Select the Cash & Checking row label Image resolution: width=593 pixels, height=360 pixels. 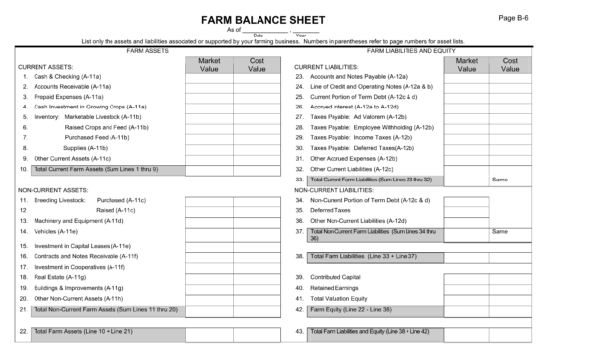[56, 76]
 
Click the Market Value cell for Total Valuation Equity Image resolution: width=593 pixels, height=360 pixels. [467, 298]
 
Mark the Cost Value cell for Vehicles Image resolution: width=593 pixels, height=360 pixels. [258, 231]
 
